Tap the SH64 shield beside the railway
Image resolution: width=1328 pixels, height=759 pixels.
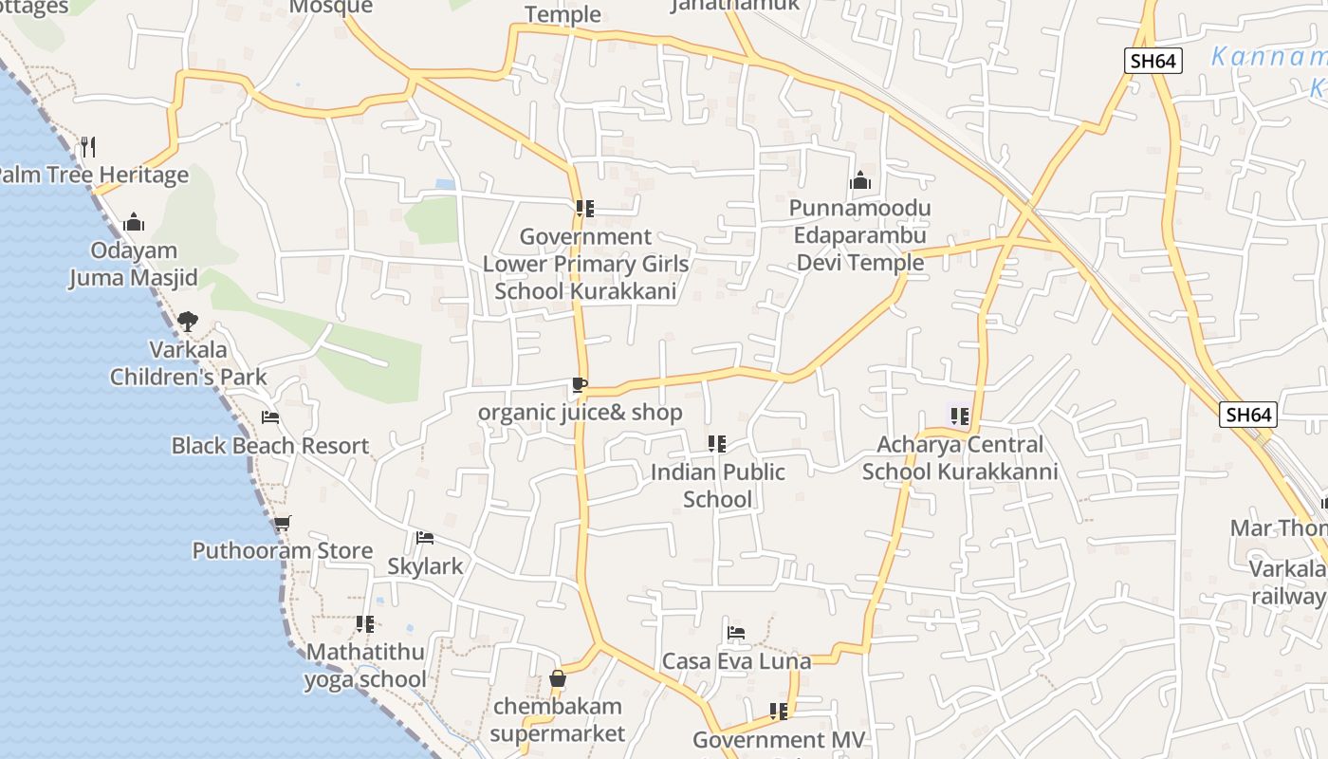coord(1247,415)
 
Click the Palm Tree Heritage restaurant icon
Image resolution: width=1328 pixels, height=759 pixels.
coord(87,147)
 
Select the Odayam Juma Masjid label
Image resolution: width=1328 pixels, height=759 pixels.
coord(134,265)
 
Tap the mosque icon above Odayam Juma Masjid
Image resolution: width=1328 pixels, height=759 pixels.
coord(134,222)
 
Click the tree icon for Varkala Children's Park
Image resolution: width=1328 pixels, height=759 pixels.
coord(188,321)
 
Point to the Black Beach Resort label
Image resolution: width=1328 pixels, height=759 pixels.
coord(270,446)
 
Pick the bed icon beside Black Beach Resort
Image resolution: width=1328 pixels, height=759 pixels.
coord(270,417)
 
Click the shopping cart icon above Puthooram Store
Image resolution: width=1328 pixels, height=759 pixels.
coord(282,523)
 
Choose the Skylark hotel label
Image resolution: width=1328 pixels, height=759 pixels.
coord(425,566)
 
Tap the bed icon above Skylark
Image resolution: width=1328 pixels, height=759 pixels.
coord(425,538)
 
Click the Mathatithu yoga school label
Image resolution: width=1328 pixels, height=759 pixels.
coord(365,666)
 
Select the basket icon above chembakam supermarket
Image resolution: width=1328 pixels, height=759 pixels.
coord(558,678)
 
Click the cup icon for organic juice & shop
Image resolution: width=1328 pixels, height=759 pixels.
coord(580,385)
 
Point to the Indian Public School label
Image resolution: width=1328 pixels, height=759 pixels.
coord(718,486)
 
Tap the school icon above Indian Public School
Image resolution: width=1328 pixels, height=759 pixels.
coord(717,443)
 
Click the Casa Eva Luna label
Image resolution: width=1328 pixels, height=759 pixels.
coord(737,661)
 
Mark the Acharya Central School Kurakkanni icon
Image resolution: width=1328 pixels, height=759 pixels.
coord(959,416)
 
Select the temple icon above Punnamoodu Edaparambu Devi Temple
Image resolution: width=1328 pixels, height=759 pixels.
coord(860,180)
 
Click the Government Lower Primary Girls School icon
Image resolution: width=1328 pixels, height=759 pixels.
coord(585,208)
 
